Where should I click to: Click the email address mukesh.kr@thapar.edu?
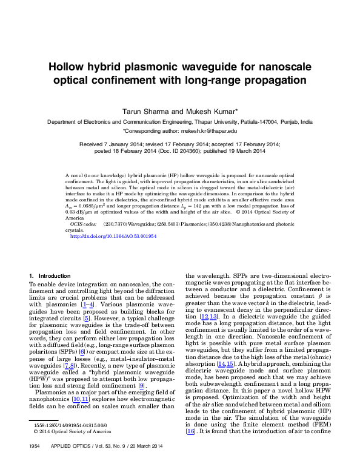coord(210,130)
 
